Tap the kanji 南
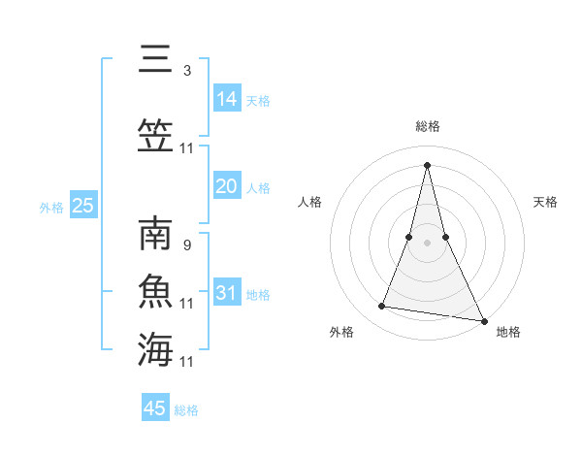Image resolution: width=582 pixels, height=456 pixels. (155, 236)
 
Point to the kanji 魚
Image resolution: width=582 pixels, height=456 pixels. (155, 291)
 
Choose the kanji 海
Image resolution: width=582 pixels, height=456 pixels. (155, 349)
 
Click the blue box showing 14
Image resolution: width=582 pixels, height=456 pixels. (227, 98)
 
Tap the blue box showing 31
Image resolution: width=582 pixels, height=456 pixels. (227, 292)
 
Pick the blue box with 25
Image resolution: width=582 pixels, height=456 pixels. (83, 205)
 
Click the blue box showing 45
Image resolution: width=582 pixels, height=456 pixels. (155, 408)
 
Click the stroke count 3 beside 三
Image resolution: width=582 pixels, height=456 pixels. (187, 71)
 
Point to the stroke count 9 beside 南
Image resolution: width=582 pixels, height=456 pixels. (187, 245)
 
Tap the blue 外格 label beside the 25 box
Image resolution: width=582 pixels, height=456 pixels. (51, 207)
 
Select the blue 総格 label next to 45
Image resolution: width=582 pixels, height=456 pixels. (186, 410)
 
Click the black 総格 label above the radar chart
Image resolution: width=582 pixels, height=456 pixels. (428, 126)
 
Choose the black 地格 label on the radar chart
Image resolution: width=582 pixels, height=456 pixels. (508, 332)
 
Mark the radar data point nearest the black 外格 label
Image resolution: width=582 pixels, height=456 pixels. (382, 307)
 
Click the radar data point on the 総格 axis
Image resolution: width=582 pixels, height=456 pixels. (428, 164)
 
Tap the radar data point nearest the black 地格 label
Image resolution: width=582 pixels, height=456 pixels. (484, 321)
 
